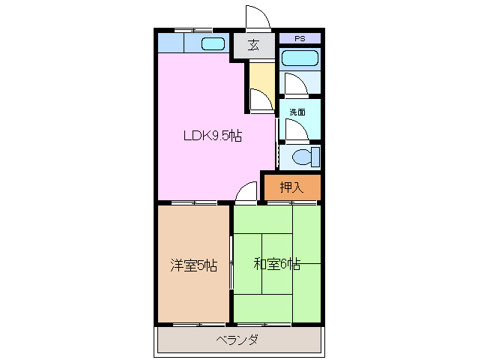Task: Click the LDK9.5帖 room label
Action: coord(213,136)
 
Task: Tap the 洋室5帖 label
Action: coord(193,265)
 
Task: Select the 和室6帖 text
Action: coord(276,264)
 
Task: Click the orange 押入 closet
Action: coord(291,187)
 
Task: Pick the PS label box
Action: coord(300,38)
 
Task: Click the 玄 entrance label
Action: coord(254,45)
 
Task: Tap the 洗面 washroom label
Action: coord(297,112)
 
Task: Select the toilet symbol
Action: coord(306,157)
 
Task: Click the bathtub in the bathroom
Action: coord(300,58)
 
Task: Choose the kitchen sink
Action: coord(213,43)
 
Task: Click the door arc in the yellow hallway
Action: coord(259,99)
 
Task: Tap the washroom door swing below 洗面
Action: coord(294,129)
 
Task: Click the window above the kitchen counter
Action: coord(183,30)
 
